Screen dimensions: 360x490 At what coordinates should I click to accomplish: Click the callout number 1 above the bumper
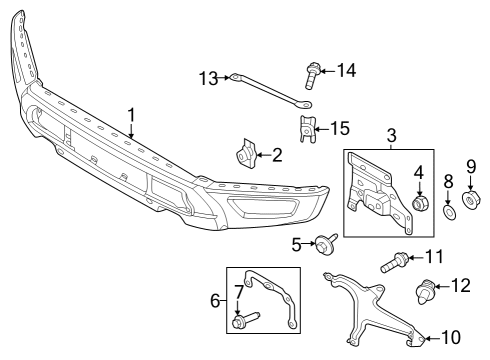click(131, 117)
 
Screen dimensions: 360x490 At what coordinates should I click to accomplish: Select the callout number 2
click(277, 154)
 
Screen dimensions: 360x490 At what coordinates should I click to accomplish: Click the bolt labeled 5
click(326, 243)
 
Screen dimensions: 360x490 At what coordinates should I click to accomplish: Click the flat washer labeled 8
click(449, 211)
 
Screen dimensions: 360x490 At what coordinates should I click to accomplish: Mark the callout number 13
click(208, 78)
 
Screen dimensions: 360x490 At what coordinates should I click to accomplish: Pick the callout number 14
click(346, 69)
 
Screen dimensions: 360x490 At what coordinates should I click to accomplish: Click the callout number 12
click(461, 286)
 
